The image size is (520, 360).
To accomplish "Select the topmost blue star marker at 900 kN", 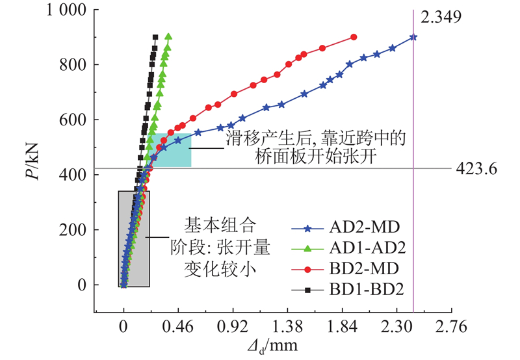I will coord(413,37).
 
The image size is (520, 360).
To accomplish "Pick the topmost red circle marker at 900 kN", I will coord(354,37).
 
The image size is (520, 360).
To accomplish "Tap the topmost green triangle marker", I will coord(168,36).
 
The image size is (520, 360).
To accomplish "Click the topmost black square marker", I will coord(155,37).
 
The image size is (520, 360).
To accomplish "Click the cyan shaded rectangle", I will coord(171,149).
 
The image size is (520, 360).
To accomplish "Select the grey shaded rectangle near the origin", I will coord(134,238).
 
